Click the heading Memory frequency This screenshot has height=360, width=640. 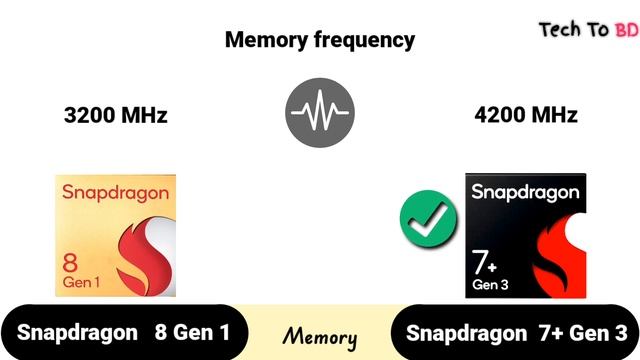point(319,40)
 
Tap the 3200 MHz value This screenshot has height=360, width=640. point(115,115)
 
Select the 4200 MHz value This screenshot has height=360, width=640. point(526,115)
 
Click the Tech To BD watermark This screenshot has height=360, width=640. point(588,29)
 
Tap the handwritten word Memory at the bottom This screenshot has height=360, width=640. point(319,335)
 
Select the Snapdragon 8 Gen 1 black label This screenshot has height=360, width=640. point(122,333)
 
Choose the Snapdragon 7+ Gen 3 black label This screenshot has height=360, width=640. point(517,333)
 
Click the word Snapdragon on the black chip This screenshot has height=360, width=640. point(524,191)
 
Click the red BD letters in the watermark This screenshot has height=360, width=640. point(626,30)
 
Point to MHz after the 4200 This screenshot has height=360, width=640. point(553,115)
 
